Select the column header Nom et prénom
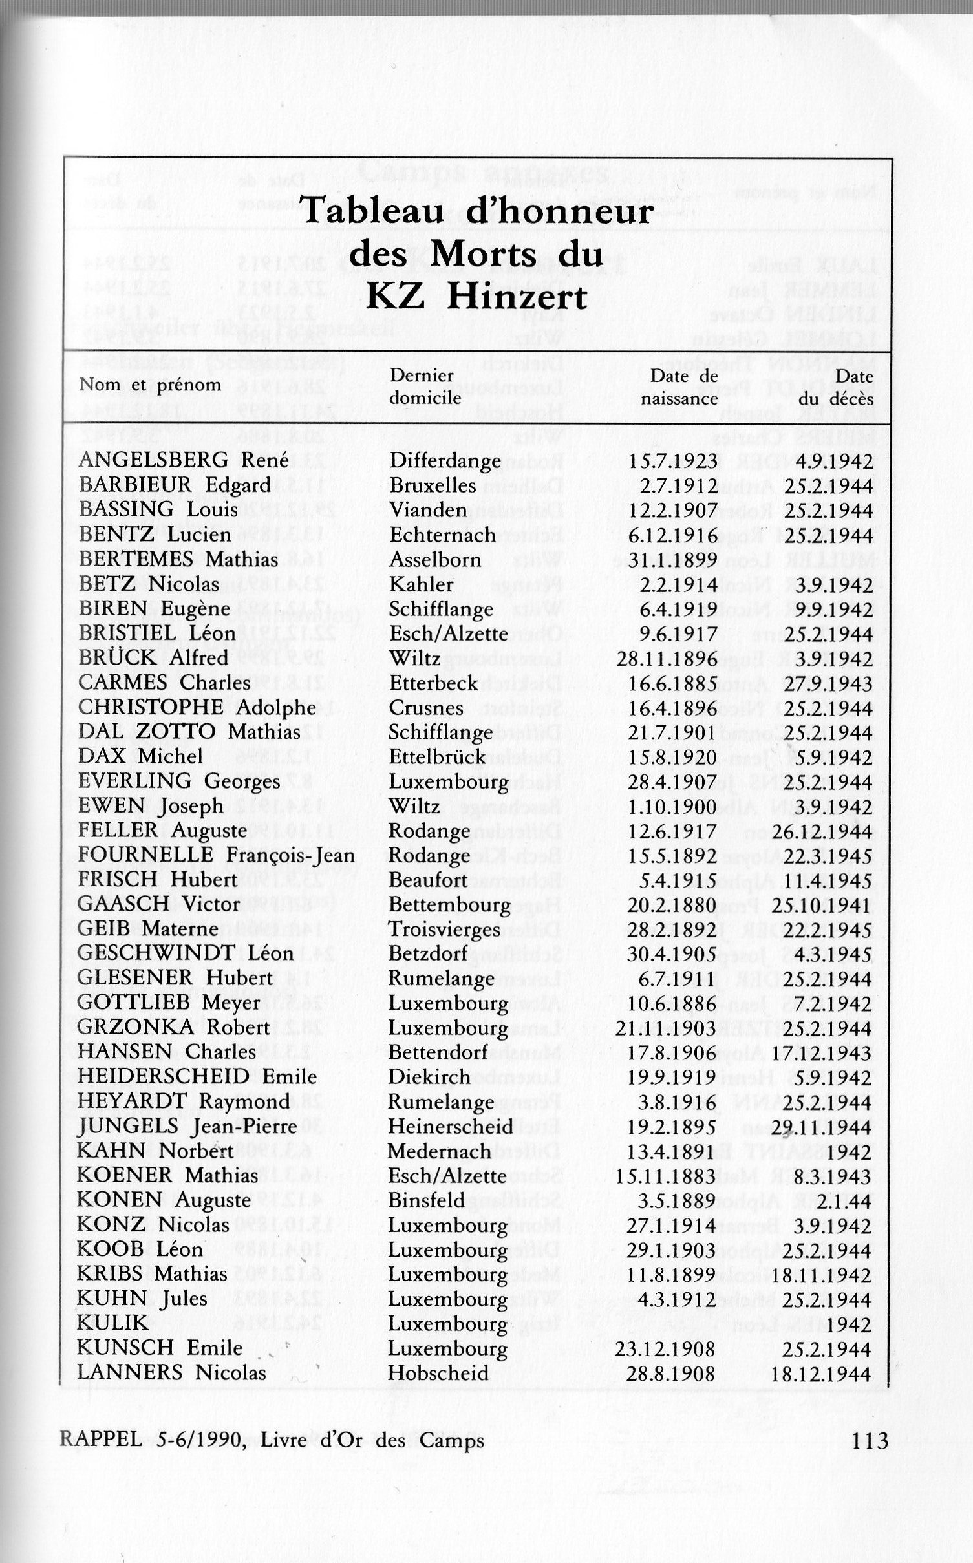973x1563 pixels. pos(150,385)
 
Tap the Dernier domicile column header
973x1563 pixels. pos(425,387)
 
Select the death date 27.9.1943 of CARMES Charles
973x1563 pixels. pos(829,683)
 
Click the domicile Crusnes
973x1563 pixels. pos(426,708)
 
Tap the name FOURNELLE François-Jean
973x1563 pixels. pos(216,855)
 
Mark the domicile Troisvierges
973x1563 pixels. pos(444,930)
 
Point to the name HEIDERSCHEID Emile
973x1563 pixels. pos(197,1077)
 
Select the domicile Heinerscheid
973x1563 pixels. pos(451,1126)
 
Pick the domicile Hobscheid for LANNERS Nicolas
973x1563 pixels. pos(438,1372)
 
